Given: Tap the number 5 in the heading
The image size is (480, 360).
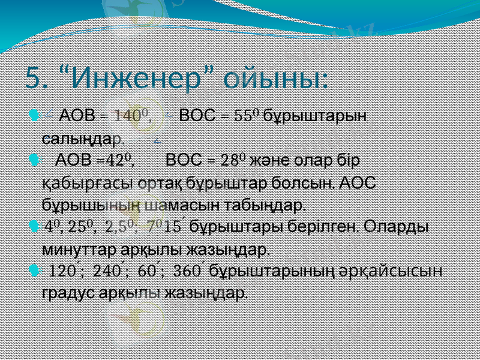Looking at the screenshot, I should point(36,77).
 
